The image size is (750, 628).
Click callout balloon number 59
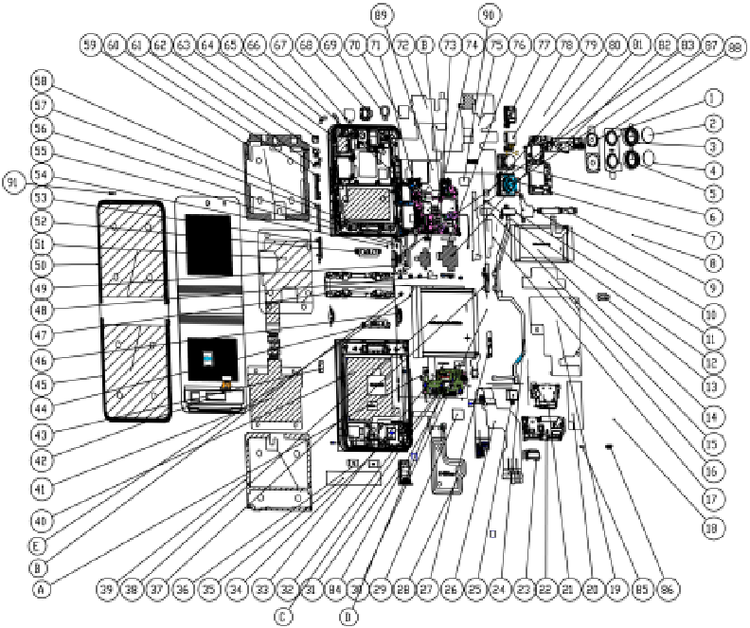[90, 45]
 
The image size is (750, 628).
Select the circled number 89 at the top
[381, 15]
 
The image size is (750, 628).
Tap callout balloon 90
[489, 15]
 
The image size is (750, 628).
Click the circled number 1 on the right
[714, 99]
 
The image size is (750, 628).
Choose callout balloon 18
[714, 529]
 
